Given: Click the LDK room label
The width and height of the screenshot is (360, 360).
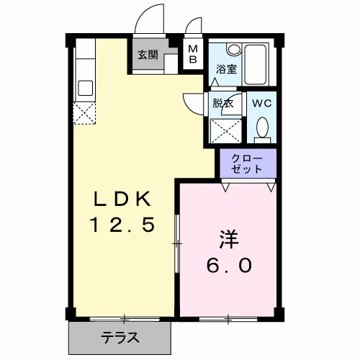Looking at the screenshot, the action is coord(122,199).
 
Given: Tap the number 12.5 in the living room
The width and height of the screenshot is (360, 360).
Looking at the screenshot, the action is coord(122,224).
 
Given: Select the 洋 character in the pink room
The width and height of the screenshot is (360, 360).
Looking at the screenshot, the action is coord(229,239).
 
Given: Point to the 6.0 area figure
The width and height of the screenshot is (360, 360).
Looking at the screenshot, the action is coord(229,266).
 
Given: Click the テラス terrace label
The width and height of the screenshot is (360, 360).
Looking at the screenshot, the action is coord(120,338).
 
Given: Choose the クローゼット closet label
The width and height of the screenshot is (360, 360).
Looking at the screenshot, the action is coord(247,164).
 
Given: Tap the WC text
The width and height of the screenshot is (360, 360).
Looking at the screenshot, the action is coord(261,103).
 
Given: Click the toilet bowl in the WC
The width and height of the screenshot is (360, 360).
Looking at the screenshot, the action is coord(262,128).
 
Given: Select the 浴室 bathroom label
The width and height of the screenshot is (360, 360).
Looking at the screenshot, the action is coord(226,69).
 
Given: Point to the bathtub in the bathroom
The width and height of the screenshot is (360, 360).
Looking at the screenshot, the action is coord(255,64).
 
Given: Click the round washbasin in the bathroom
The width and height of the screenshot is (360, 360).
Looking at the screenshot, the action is coord(234,50).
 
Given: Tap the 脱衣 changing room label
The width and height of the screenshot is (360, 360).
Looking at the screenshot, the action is coord(223,103).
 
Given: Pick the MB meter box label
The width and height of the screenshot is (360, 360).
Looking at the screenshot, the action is coord(193,55).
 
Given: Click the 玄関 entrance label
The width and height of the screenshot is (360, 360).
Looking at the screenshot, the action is coord(148,55).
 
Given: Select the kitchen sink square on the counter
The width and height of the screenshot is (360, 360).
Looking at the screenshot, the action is coord(86,88).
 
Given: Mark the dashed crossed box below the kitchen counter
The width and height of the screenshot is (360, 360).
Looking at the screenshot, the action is coord(84,113).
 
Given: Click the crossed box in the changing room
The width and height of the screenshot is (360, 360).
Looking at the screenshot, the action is coord(225,131).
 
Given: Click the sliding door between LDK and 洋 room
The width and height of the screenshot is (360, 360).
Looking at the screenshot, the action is coord(177,243).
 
